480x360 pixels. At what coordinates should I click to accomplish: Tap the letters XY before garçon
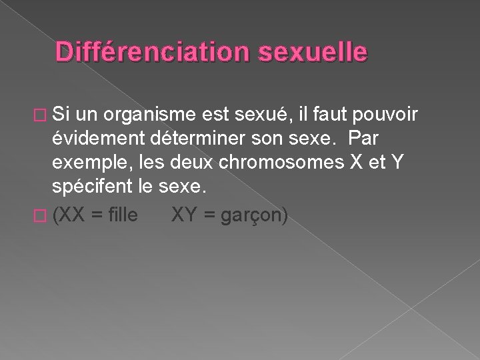point(185,216)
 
